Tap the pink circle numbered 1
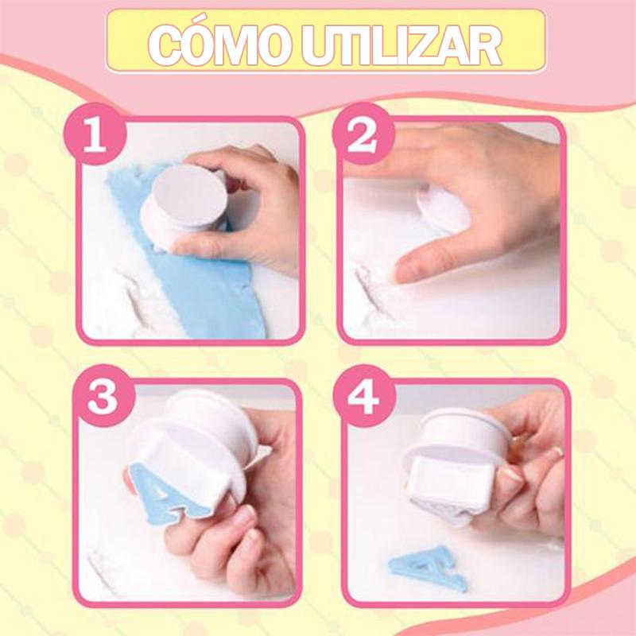point(95,134)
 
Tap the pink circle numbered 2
point(363,134)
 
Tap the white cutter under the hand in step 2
point(442,209)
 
